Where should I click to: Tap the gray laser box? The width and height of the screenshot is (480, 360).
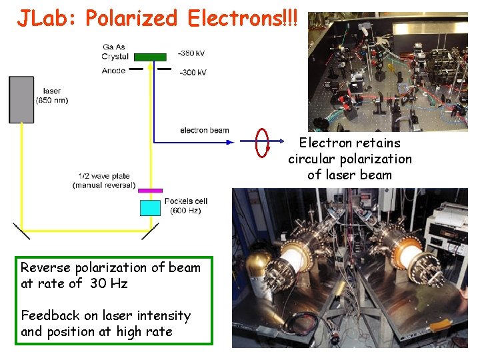click(21, 99)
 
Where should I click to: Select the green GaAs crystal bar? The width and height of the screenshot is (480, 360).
click(154, 57)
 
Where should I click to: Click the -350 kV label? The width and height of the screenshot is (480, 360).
click(192, 53)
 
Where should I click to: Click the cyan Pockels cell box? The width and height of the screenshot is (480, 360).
click(151, 207)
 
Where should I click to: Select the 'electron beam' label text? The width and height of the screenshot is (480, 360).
click(204, 130)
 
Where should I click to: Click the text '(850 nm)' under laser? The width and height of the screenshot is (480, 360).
click(51, 101)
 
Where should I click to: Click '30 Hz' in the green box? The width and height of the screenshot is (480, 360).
click(110, 283)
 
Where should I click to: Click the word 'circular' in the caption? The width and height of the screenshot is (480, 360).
click(312, 159)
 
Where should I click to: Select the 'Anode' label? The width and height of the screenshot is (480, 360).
click(113, 71)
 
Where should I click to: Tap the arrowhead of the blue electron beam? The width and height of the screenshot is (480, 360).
click(226, 142)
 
